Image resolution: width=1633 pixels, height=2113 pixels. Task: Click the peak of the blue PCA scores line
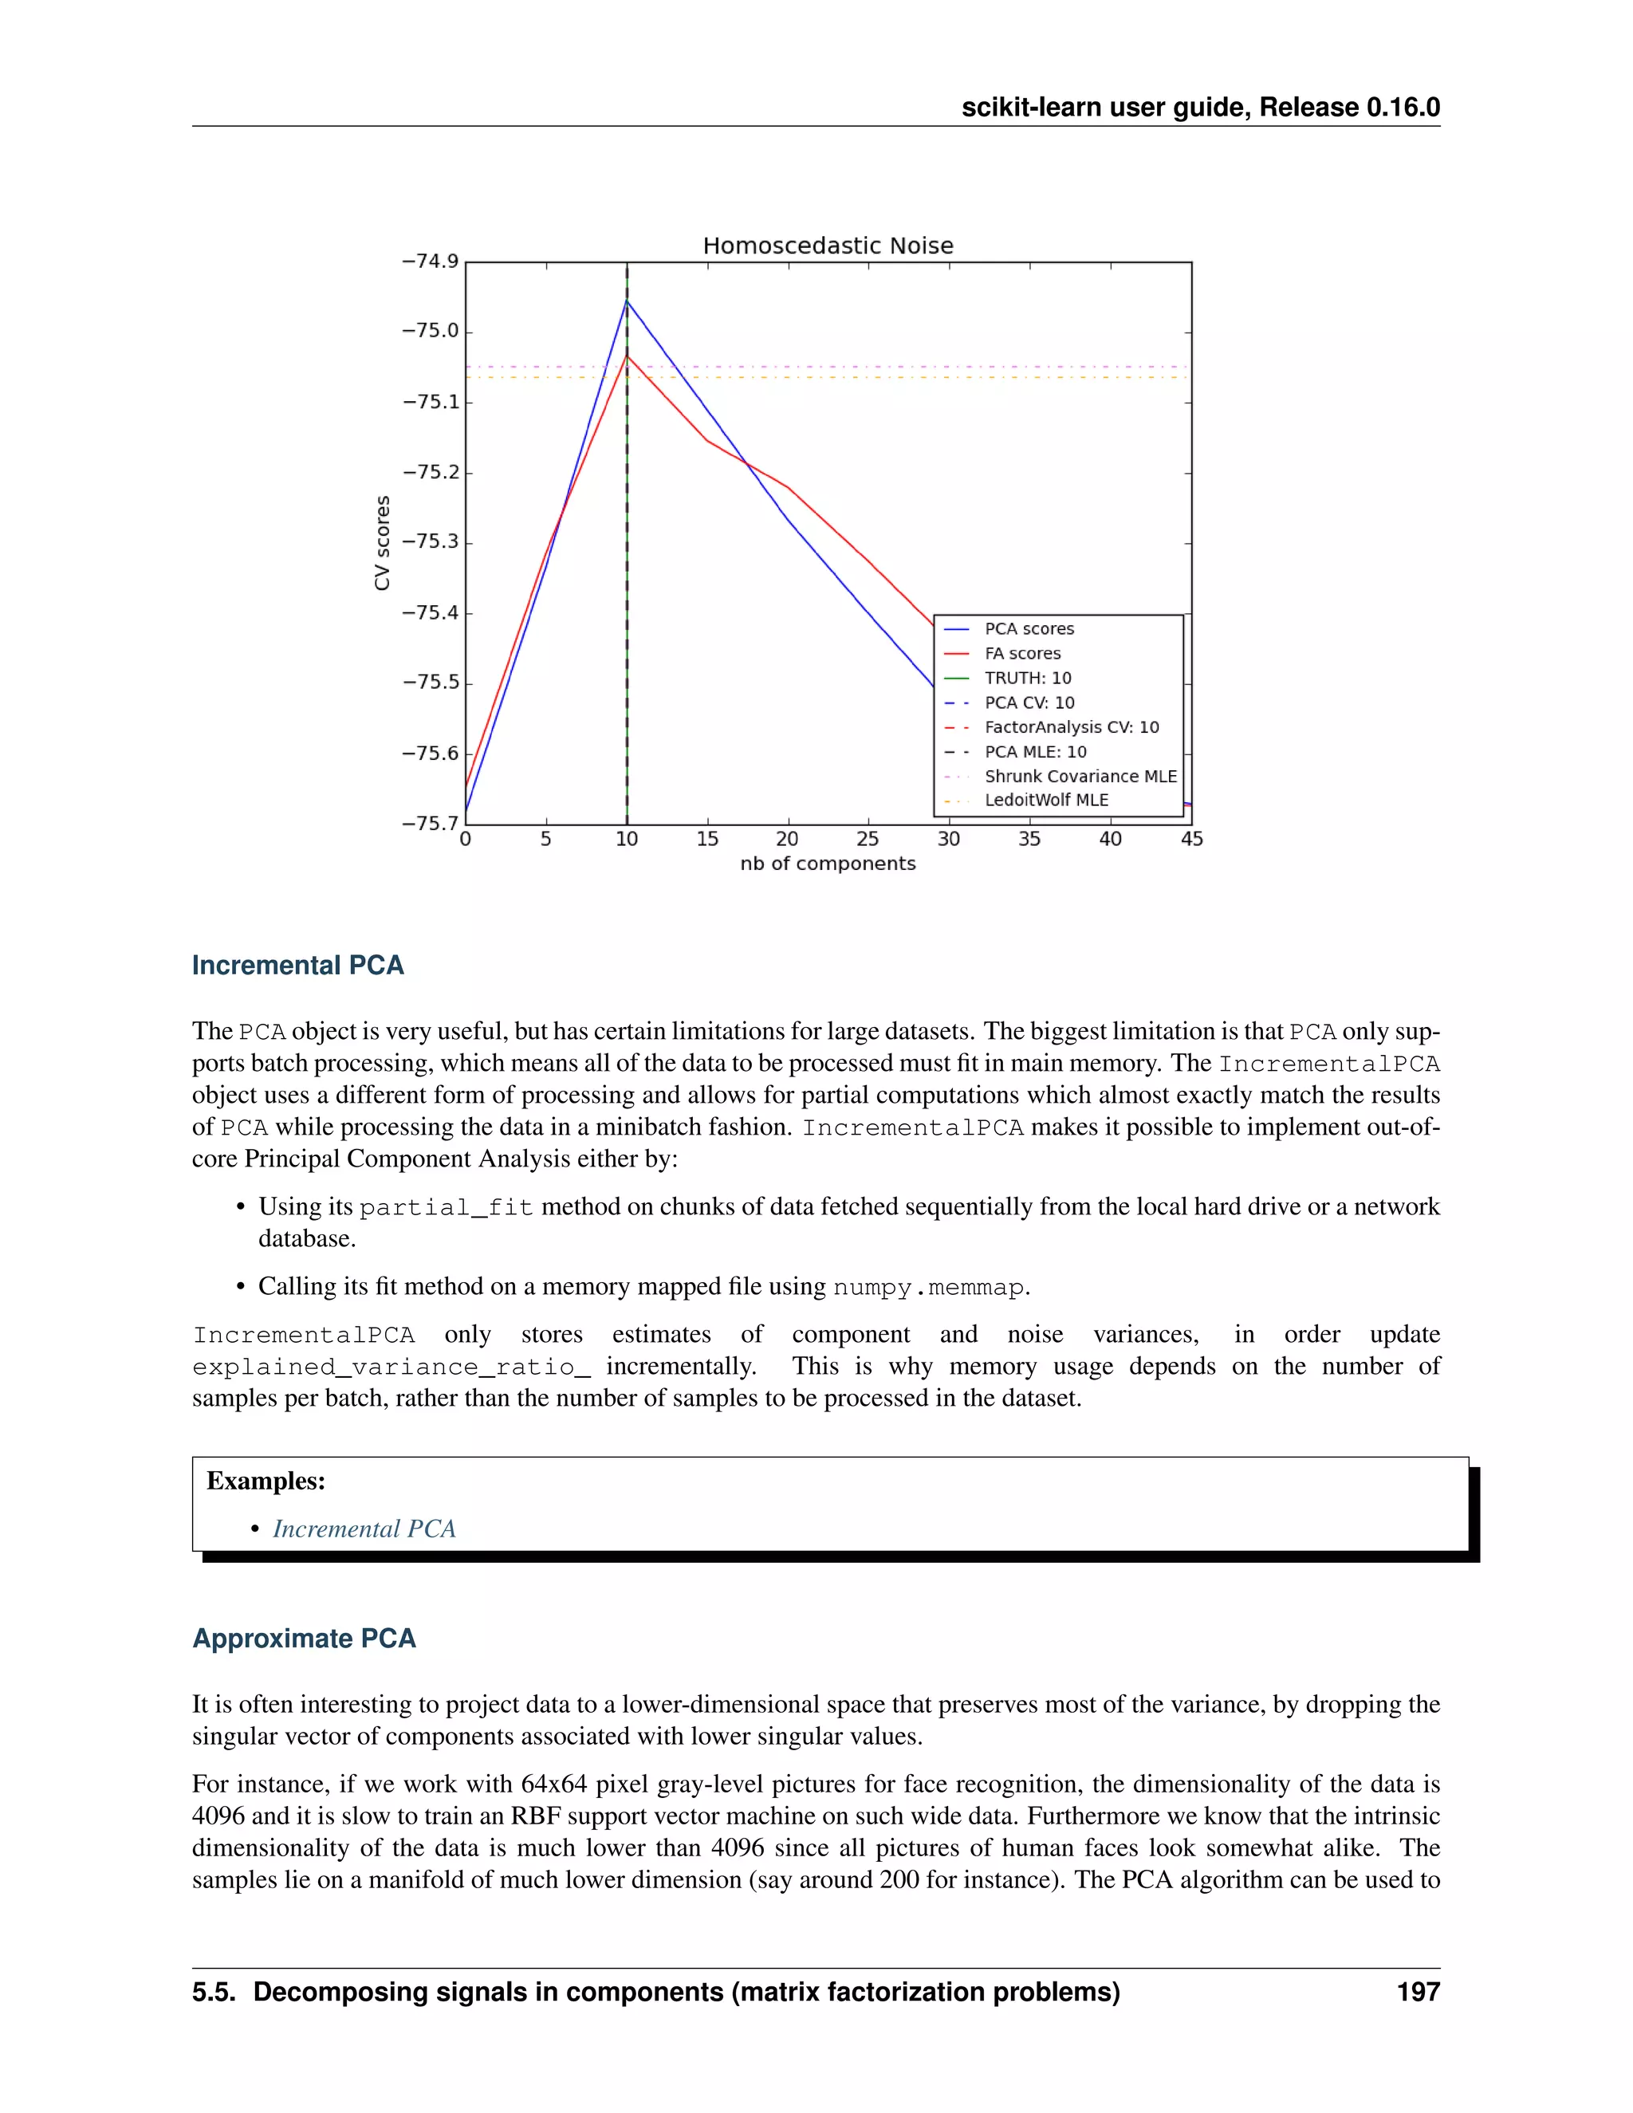(x=627, y=301)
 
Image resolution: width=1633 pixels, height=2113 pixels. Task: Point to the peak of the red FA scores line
(x=627, y=356)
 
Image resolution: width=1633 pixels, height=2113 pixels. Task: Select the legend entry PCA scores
(x=1029, y=629)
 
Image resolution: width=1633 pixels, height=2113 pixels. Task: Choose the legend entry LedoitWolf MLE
(x=1046, y=800)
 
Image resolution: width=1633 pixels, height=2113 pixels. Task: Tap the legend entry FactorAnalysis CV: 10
(x=1071, y=727)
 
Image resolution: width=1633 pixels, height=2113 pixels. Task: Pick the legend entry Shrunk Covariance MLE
(x=1080, y=776)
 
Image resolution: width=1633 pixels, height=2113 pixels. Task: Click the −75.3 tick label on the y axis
(x=431, y=541)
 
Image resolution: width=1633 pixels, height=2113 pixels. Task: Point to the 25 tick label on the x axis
(x=868, y=839)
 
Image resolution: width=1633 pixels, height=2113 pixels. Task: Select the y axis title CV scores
(x=382, y=543)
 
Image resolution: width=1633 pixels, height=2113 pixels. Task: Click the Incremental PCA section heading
(x=298, y=966)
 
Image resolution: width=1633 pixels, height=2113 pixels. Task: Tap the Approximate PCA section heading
(x=304, y=1639)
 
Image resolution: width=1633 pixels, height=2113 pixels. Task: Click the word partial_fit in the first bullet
(x=446, y=1208)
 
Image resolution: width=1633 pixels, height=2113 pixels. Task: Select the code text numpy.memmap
(x=928, y=1288)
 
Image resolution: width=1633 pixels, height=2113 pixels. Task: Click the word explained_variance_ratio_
(x=391, y=1367)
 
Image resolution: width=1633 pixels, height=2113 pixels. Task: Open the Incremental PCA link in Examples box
(x=364, y=1529)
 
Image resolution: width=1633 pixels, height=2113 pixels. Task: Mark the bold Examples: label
(x=266, y=1481)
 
